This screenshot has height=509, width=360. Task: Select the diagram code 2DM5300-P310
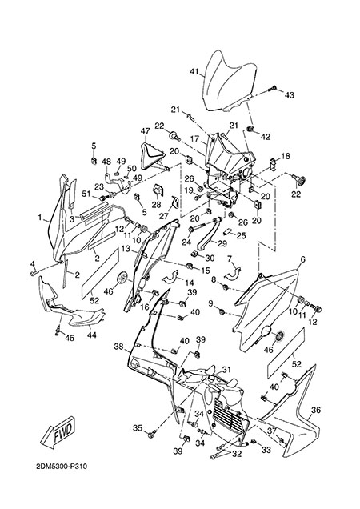pos(62,467)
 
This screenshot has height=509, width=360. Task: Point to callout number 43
pos(290,95)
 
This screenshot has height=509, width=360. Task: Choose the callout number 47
pos(145,131)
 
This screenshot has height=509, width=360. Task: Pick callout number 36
pos(316,410)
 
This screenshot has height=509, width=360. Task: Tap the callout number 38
pos(118,347)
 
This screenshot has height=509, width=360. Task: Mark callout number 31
pos(226,370)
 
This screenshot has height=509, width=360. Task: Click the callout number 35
pos(138,428)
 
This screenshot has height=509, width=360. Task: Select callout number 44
pos(92,335)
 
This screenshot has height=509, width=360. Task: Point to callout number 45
pos(70,338)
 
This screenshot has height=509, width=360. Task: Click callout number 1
pos(40,218)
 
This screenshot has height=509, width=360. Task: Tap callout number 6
pos(303,259)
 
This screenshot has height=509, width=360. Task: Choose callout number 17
pos(194,138)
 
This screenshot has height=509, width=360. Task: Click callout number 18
pos(286,156)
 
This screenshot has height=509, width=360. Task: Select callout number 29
pos(222,243)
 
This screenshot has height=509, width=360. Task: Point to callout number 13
pos(126,249)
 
